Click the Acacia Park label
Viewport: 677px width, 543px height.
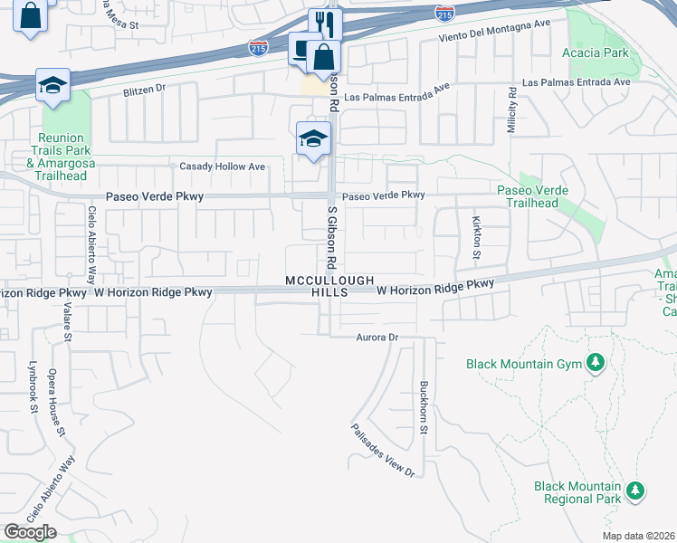pos(602,52)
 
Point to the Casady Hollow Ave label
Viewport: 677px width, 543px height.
pos(222,167)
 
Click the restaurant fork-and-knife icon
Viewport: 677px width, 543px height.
pos(326,24)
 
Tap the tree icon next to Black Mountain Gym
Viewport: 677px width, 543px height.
pos(595,364)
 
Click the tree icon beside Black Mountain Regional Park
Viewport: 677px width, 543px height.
pos(636,491)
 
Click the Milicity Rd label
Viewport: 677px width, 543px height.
pos(511,111)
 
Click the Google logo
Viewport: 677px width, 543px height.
pos(30,532)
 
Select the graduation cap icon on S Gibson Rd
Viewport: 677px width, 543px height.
pos(313,138)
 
